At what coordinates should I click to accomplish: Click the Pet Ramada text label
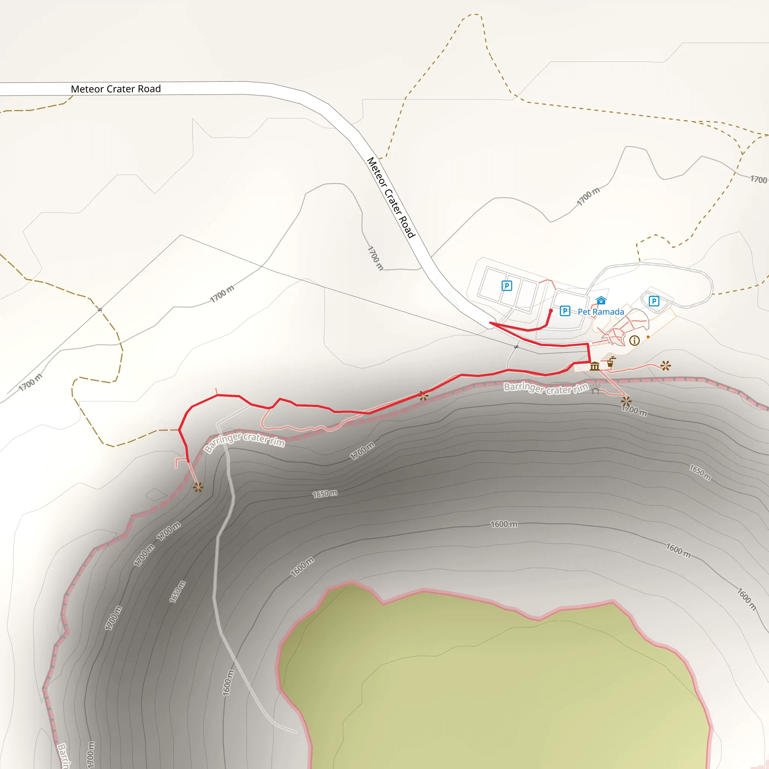[601, 312]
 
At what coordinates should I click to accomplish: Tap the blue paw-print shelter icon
[601, 300]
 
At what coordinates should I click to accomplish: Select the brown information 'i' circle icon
[635, 340]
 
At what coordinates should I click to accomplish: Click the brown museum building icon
[594, 366]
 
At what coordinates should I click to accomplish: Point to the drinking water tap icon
[611, 362]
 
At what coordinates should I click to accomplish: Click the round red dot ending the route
[551, 311]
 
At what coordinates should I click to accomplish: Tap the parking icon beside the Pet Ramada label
[565, 311]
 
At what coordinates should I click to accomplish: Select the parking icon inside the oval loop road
[654, 301]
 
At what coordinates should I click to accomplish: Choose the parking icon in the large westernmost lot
[506, 285]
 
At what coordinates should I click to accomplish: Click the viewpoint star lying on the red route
[423, 396]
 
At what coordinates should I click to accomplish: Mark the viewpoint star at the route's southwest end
[198, 487]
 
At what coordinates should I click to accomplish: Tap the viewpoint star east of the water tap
[665, 365]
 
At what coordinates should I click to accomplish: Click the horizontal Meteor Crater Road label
[116, 89]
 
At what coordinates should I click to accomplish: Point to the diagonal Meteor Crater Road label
[391, 198]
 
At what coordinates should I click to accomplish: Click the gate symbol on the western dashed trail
[100, 310]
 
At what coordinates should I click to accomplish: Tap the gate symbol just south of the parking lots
[516, 347]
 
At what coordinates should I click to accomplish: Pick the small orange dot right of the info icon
[648, 337]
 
